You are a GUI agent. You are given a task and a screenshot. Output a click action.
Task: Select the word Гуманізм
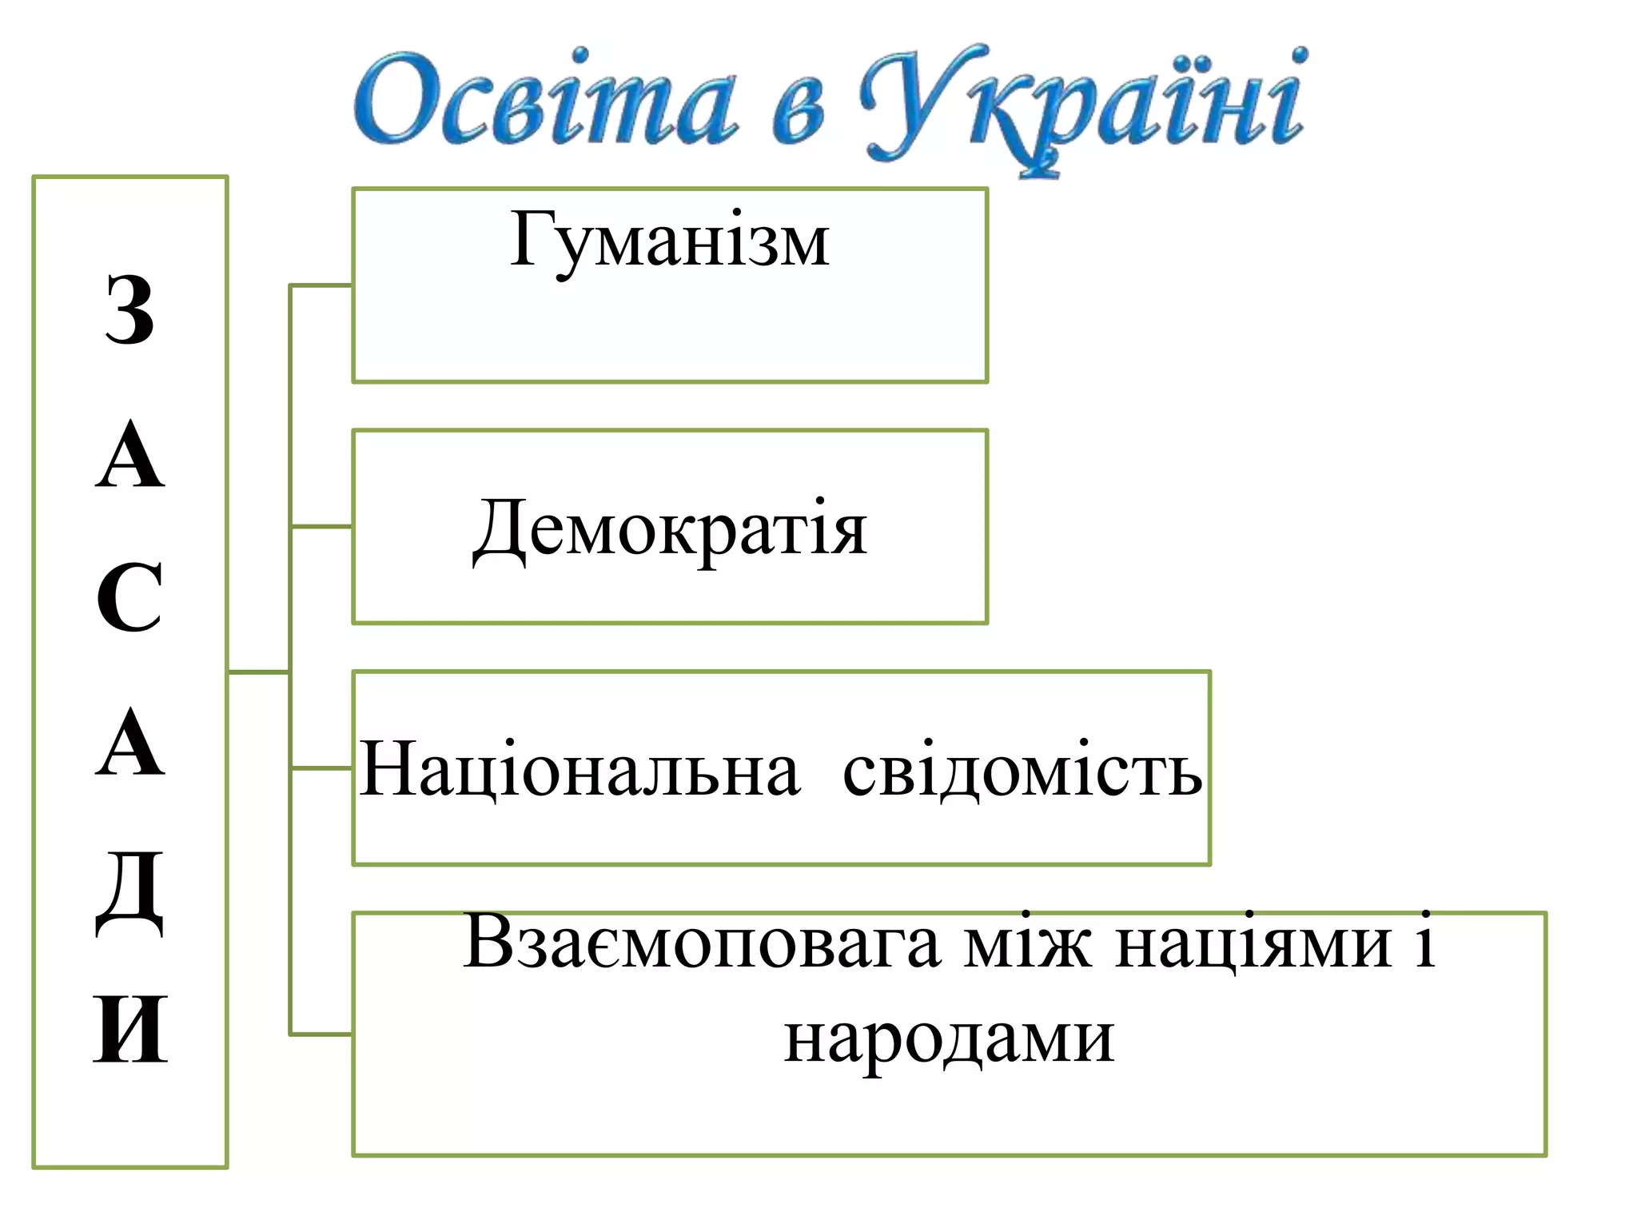[670, 240]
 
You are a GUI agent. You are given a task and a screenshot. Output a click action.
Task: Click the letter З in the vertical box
[129, 310]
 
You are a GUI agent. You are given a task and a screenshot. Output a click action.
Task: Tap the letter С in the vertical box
[129, 598]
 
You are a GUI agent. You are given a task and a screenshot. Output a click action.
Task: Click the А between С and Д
[129, 744]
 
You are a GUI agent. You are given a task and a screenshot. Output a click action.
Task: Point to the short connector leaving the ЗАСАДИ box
[258, 672]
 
